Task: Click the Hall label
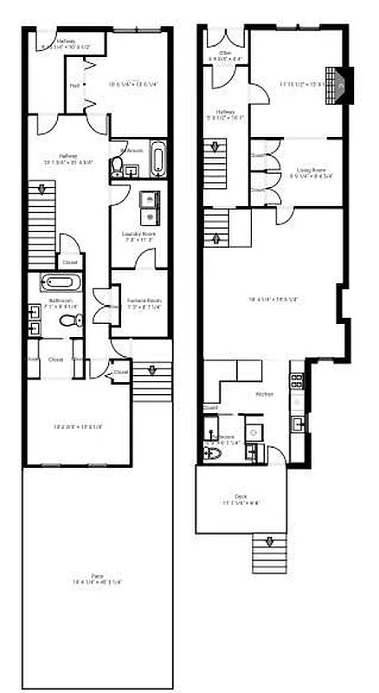pyautogui.click(x=74, y=86)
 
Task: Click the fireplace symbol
pyautogui.click(x=343, y=85)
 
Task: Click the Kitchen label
pyautogui.click(x=265, y=394)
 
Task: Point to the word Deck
pyautogui.click(x=240, y=496)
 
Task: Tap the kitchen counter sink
pyautogui.click(x=298, y=424)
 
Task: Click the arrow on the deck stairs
pyautogui.click(x=268, y=542)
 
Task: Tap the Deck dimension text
pyautogui.click(x=240, y=502)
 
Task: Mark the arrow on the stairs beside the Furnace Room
pyautogui.click(x=152, y=371)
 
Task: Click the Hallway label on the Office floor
pyautogui.click(x=226, y=112)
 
